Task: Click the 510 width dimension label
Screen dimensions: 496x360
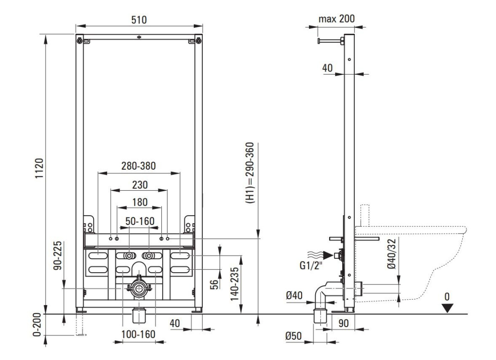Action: coord(139,20)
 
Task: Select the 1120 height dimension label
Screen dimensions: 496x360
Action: coord(39,168)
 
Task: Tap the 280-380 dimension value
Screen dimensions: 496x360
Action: coord(139,166)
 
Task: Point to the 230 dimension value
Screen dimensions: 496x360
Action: coord(140,184)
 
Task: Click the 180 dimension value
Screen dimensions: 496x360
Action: coord(139,202)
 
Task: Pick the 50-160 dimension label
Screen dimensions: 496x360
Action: coord(140,221)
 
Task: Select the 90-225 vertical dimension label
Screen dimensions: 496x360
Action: coord(58,256)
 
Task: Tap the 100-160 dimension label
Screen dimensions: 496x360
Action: coord(138,334)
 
